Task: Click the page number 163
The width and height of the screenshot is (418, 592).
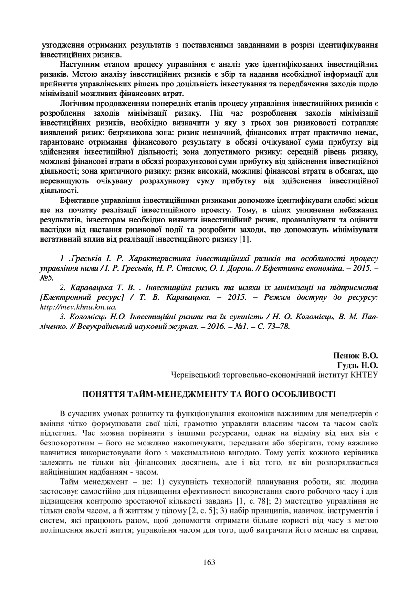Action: (x=209, y=562)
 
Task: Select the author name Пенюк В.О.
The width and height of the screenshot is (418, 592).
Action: (x=355, y=356)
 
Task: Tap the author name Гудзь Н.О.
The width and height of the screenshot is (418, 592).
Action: (x=358, y=365)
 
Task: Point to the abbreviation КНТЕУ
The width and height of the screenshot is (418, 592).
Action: (x=364, y=375)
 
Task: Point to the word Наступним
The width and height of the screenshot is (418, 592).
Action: (x=81, y=64)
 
